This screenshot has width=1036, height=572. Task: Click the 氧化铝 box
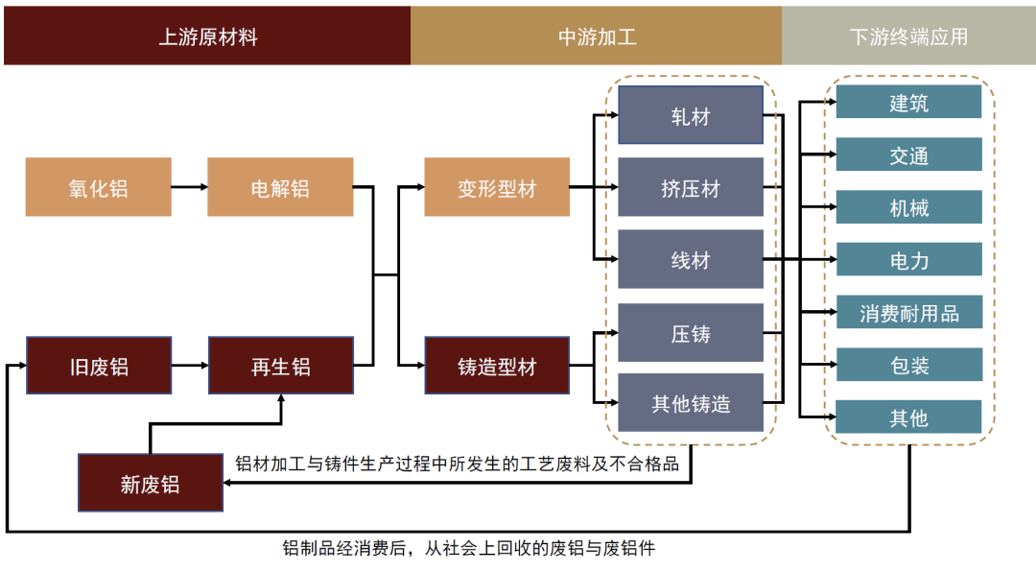point(99,187)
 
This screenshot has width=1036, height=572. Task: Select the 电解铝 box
point(280,187)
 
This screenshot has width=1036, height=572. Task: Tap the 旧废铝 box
point(99,366)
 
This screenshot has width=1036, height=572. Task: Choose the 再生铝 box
point(280,366)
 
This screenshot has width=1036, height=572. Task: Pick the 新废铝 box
point(150,483)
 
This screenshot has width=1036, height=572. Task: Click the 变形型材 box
point(497,187)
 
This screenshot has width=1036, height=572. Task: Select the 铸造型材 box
point(497,366)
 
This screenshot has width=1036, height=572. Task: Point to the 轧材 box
point(690,116)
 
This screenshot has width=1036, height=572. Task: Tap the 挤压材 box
point(690,187)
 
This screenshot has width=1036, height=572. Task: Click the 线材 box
point(690,259)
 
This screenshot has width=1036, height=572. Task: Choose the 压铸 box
point(690,332)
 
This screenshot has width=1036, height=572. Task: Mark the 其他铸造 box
point(690,402)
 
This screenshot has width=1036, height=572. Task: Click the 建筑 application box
point(908,102)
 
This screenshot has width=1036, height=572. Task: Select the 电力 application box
point(908,259)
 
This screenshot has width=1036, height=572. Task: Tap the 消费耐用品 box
point(908,312)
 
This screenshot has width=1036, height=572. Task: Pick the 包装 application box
point(908,365)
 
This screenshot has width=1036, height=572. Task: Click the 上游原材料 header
point(207,36)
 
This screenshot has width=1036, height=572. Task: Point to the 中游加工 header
point(596,36)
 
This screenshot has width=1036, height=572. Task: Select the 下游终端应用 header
point(907,36)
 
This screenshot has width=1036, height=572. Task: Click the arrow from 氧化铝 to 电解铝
point(189,187)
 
